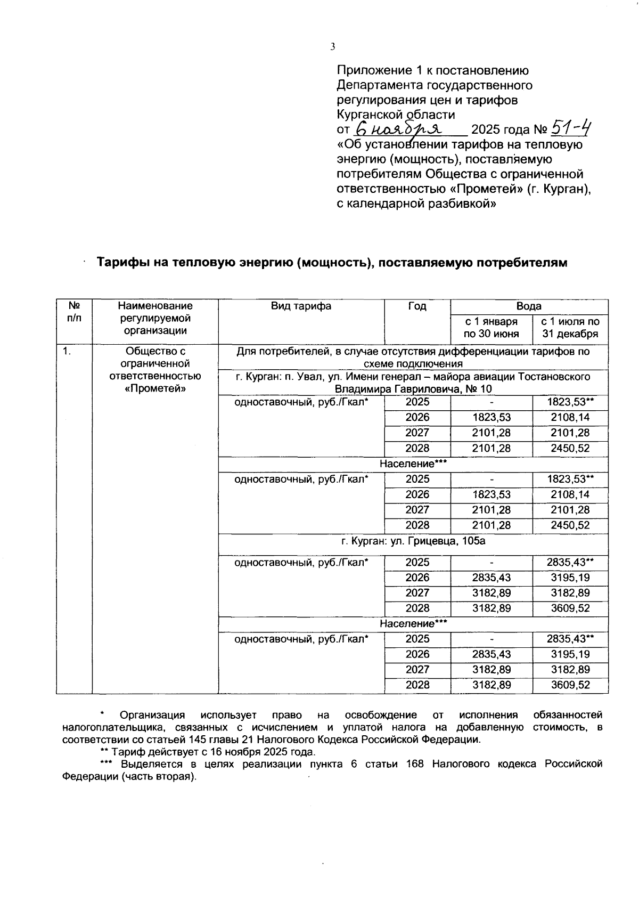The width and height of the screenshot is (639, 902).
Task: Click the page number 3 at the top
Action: pos(333,47)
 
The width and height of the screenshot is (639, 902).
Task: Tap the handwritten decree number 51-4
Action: pos(572,128)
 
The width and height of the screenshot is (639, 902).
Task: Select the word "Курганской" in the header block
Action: pos(370,115)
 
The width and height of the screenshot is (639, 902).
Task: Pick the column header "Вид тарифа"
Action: pos(301,306)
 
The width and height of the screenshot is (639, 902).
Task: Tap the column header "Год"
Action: pos(417,306)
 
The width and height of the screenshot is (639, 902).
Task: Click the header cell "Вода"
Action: pos(529,306)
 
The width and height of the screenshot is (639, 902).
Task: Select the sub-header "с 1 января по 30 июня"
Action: pos(491,328)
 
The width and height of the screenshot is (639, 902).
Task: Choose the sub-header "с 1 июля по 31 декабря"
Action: pos(570,328)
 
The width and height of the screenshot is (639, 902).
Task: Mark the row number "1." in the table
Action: pos(67,351)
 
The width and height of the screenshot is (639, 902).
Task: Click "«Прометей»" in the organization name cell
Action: pos(155,388)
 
